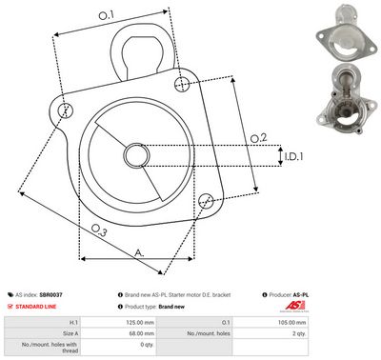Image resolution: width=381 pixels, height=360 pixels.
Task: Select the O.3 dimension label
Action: (99, 230)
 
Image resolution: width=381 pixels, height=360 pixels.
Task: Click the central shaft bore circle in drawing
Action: (133, 156)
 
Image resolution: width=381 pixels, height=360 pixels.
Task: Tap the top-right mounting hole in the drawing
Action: (182, 85)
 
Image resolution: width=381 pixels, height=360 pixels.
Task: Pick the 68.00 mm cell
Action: (136, 334)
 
